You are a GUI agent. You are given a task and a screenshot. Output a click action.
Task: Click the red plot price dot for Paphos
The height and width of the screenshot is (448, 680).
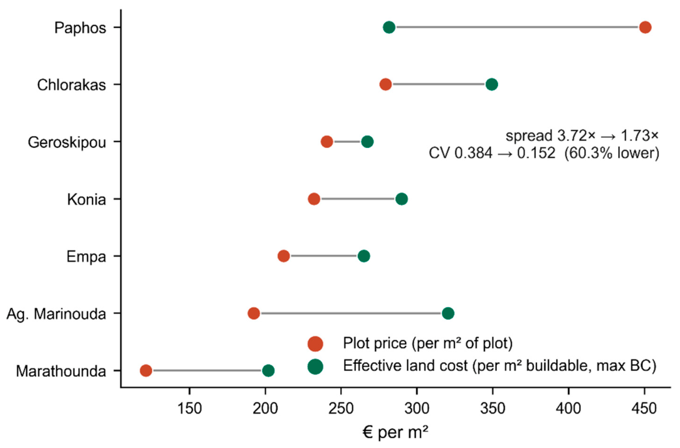645,27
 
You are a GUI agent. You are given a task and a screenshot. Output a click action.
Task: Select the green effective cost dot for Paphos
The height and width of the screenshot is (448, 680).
389,27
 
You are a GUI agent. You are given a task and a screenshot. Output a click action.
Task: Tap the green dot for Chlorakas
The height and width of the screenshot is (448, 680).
492,84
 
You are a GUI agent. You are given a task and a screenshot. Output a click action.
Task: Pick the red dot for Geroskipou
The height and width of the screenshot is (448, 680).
327,142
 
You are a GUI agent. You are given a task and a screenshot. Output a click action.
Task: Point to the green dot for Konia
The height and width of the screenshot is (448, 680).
402,199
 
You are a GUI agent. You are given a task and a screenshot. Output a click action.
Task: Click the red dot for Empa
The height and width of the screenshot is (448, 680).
283,256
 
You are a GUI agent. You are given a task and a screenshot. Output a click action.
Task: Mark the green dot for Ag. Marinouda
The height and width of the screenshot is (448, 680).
448,313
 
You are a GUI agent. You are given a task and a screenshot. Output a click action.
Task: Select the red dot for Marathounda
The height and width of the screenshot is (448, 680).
146,371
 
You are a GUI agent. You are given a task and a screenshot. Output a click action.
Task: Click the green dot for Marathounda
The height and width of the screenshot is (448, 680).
268,371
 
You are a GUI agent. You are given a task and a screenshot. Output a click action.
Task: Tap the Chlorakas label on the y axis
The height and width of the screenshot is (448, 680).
71,85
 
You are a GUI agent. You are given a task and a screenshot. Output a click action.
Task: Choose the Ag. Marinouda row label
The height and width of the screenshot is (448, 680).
56,314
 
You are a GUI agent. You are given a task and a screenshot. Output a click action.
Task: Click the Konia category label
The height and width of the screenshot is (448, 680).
86,200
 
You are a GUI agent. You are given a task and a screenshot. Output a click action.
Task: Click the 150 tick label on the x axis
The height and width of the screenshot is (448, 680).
190,408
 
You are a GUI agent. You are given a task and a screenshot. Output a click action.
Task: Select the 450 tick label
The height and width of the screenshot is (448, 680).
644,408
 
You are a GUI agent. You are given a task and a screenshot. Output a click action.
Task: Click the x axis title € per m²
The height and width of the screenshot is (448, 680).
395,432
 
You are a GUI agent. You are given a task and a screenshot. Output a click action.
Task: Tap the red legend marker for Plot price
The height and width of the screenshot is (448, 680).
316,344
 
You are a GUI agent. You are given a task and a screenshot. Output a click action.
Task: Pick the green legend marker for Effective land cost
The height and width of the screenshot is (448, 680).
316,366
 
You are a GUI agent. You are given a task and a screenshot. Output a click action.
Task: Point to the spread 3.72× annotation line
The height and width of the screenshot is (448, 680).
582,136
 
